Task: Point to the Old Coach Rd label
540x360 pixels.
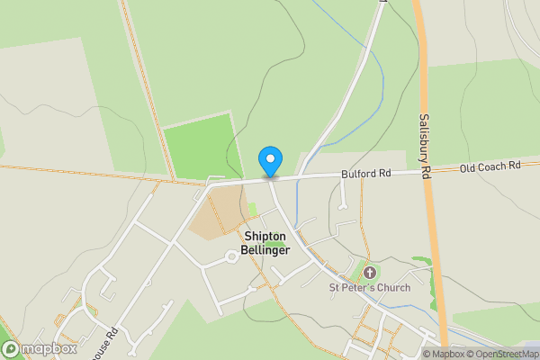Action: [x=490, y=167]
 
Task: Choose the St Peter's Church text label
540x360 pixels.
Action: [x=369, y=288]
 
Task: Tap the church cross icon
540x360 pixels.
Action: [x=369, y=273]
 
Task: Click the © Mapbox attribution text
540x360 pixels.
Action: [x=443, y=354]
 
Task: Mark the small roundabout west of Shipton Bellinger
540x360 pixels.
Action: [x=231, y=256]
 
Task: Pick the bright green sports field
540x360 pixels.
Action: [x=200, y=146]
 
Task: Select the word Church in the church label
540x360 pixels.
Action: [x=394, y=288]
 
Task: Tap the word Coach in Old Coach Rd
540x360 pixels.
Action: [x=491, y=167]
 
